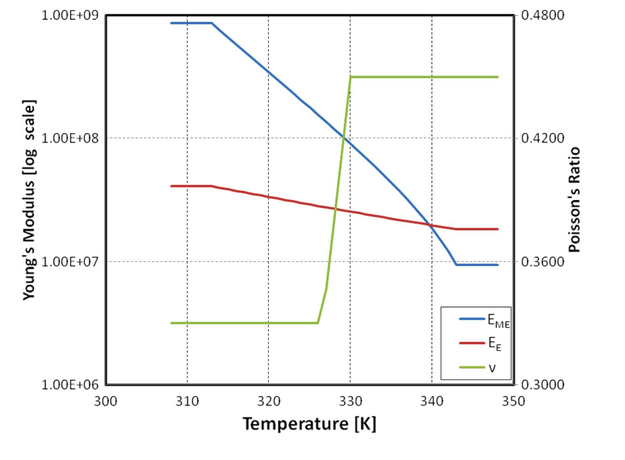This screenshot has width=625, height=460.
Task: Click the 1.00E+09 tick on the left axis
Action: (70, 15)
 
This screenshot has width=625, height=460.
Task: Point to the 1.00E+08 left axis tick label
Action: (70, 138)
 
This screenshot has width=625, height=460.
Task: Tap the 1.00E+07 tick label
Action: (70, 262)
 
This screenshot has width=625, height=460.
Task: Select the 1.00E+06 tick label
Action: (70, 385)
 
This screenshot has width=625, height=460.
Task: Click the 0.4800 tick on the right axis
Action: (542, 15)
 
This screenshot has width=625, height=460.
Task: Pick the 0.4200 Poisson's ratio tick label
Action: (542, 138)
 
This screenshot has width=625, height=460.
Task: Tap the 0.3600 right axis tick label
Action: (542, 262)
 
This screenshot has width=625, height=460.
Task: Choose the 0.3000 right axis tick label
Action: (542, 385)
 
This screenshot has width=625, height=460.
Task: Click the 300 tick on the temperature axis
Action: (106, 401)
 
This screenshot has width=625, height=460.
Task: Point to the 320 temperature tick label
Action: (268, 401)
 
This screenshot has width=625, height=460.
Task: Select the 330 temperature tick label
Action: (350, 401)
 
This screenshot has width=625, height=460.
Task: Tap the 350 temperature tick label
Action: (513, 401)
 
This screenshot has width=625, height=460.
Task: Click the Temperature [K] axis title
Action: (310, 424)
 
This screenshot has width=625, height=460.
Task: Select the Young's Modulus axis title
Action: (29, 199)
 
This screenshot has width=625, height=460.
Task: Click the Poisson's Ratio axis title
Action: (573, 199)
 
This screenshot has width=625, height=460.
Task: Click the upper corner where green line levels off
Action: (351, 77)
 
